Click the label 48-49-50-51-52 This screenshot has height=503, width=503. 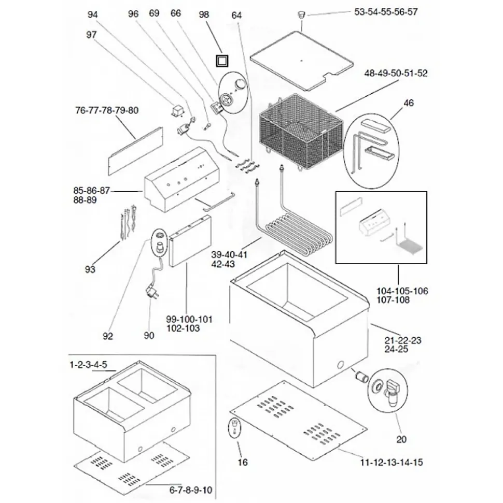(396, 74)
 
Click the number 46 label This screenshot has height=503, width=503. (409, 103)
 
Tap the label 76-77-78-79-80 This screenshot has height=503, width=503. (107, 110)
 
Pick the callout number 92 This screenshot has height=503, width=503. (107, 336)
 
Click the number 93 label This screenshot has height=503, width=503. (90, 269)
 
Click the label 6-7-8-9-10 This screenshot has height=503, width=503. (191, 489)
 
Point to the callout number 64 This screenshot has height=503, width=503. (237, 15)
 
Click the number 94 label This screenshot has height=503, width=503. (92, 15)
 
